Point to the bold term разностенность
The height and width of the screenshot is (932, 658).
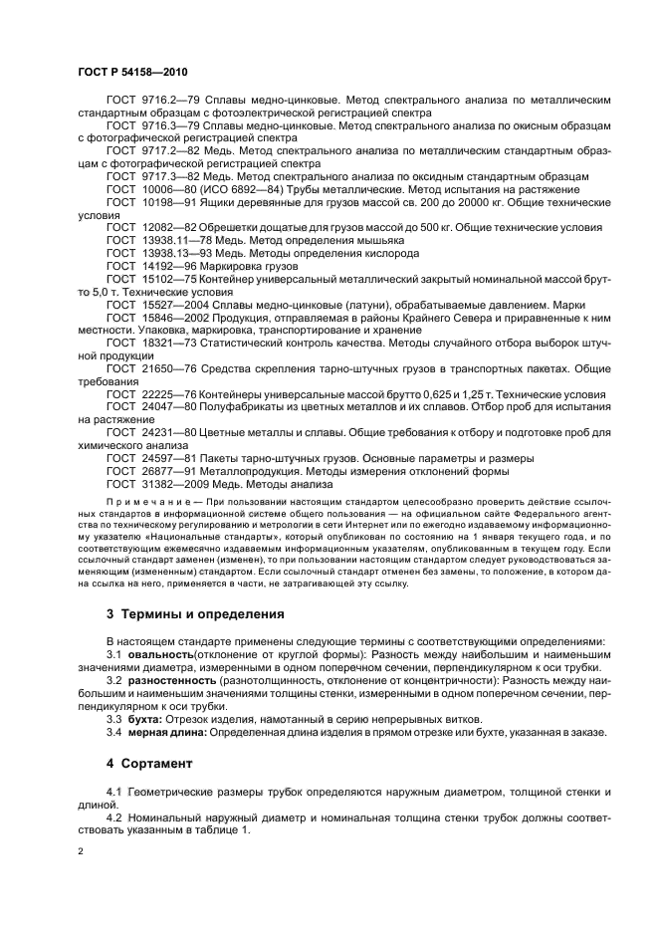coord(170,679)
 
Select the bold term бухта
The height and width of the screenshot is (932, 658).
coord(144,718)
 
